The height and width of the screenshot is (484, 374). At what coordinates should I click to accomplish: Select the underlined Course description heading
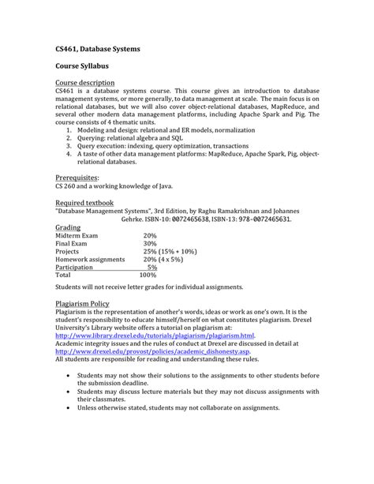coord(85,83)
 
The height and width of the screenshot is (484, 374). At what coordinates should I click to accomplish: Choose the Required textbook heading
coord(84,203)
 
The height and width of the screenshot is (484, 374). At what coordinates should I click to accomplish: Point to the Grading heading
coord(69,227)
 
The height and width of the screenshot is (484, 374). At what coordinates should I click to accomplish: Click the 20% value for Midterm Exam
coord(150,235)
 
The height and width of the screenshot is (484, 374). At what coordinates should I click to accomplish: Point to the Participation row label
coord(77,267)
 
